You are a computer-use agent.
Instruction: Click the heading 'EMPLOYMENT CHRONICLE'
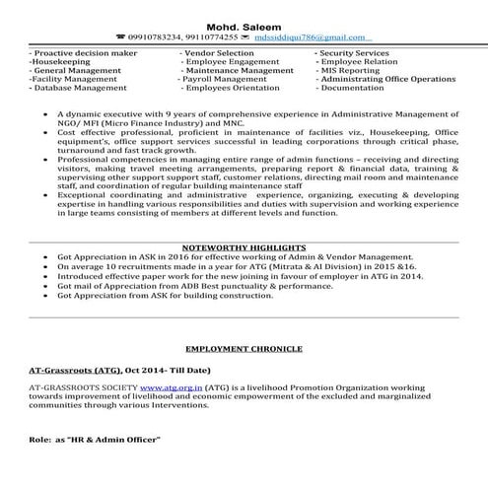244,350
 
